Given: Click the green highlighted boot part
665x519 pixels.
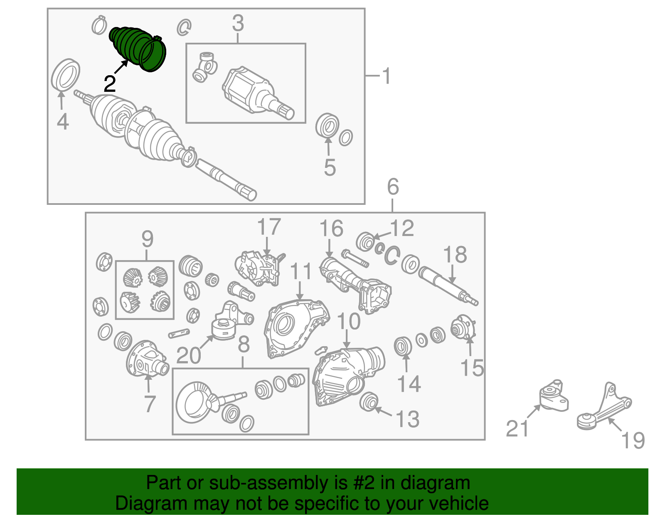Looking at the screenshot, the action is click(x=138, y=49).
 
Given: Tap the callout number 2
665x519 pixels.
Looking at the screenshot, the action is click(x=110, y=84).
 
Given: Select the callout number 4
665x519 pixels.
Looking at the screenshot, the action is click(x=63, y=121).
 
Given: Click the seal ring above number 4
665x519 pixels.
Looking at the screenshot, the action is click(x=66, y=75).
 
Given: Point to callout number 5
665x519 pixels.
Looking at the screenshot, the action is click(x=330, y=167).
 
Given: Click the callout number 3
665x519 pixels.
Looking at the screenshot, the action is click(x=238, y=23).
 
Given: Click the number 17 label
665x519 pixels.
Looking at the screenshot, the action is click(x=269, y=226).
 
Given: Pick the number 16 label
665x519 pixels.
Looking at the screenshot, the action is click(x=331, y=229).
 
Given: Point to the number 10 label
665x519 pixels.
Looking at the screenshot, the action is click(x=349, y=321).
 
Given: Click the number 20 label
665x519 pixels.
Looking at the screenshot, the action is click(x=189, y=355).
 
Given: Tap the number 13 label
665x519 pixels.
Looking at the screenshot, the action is click(x=408, y=419).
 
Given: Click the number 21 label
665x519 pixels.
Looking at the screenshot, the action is click(x=517, y=428).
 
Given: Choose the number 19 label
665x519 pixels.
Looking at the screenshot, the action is click(x=633, y=440).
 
